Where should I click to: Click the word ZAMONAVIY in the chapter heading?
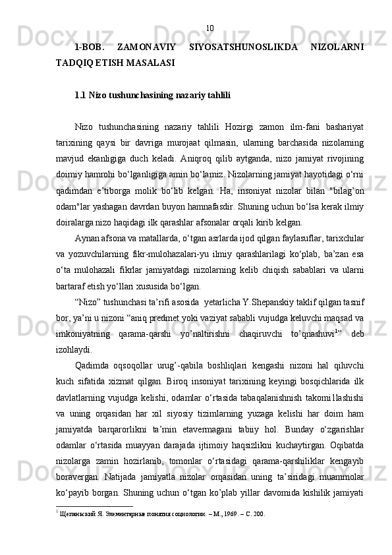pyautogui.click(x=140, y=47)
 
